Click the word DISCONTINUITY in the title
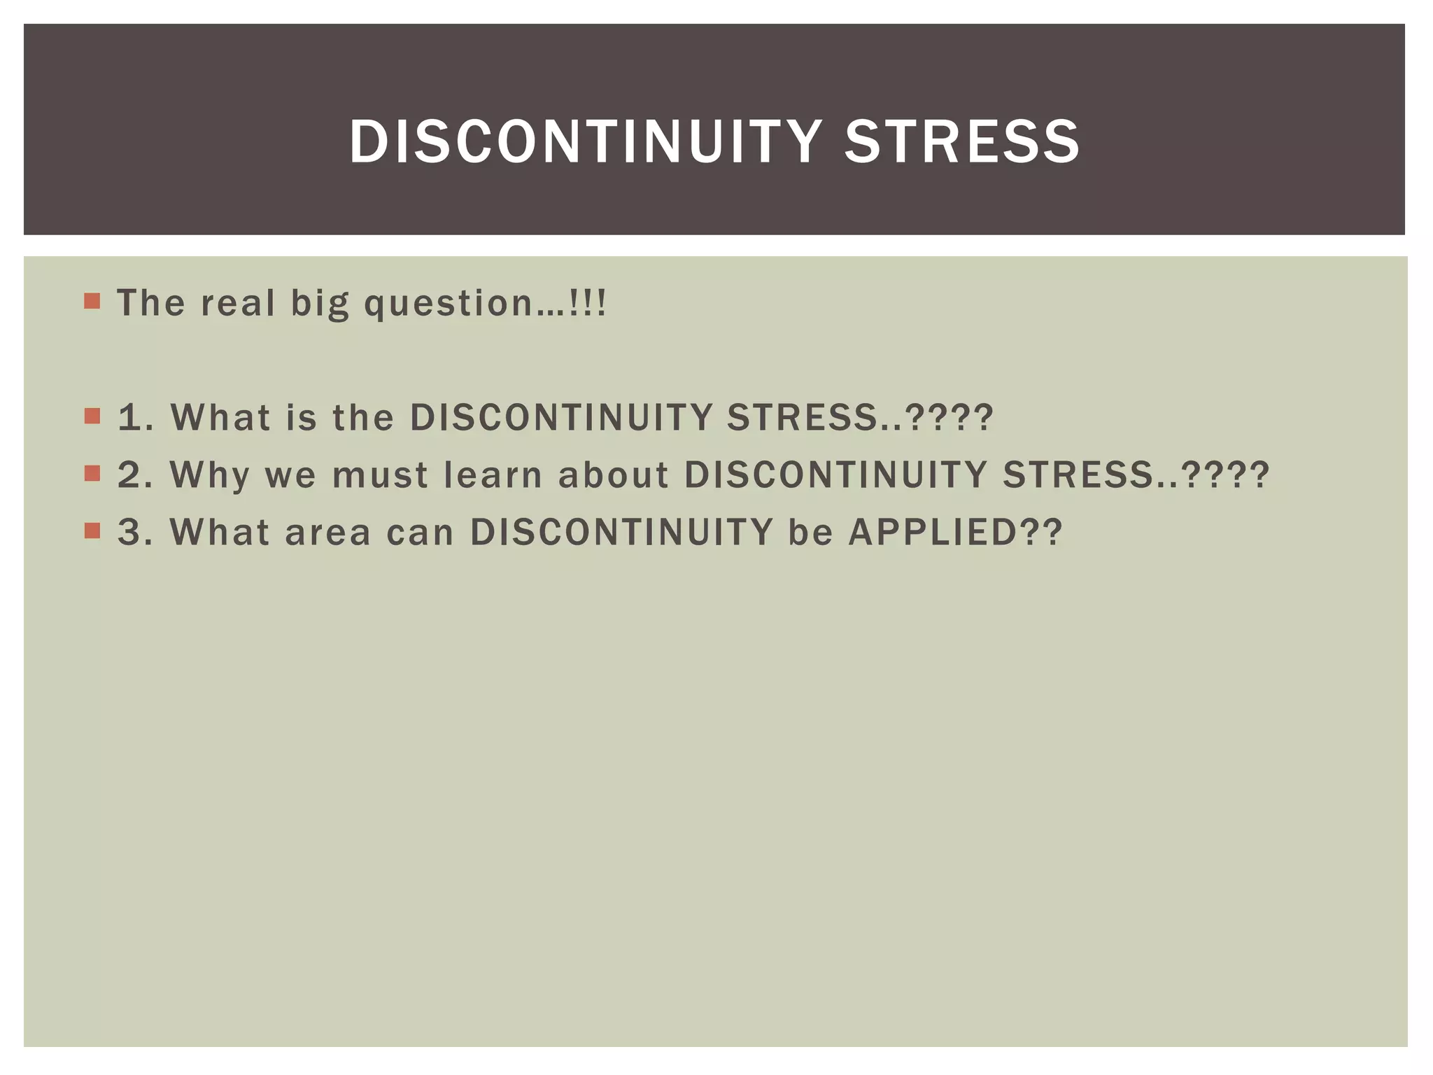click(x=585, y=141)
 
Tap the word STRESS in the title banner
click(x=962, y=141)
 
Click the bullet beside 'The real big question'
click(x=92, y=302)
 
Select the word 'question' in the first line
click(x=449, y=304)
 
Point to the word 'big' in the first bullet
click(x=319, y=304)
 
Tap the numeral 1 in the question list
click(x=129, y=417)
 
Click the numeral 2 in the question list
click(x=130, y=475)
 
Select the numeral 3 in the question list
click(x=130, y=532)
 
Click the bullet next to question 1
click(x=92, y=416)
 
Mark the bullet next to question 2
click(x=92, y=474)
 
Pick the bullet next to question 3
click(x=92, y=531)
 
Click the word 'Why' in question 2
click(x=209, y=475)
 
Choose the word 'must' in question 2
click(x=379, y=475)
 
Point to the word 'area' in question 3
click(x=327, y=532)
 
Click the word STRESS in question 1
click(x=802, y=417)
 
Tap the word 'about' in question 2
click(x=613, y=475)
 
